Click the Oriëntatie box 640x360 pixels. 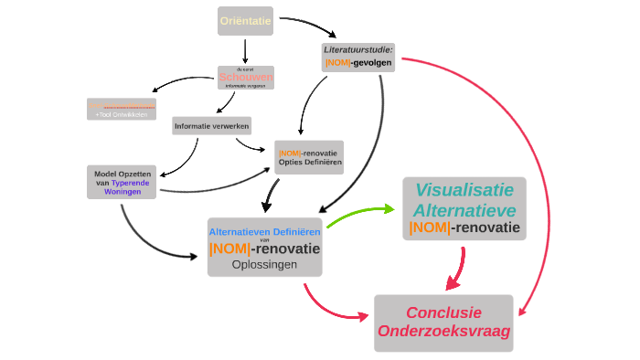(x=245, y=20)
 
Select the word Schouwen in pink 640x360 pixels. (x=245, y=78)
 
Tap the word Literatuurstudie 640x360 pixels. (x=357, y=49)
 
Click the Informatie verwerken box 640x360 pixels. (x=212, y=125)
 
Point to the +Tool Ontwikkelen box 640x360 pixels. (x=121, y=115)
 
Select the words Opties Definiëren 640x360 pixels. (x=310, y=162)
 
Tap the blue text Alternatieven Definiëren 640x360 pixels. (x=264, y=232)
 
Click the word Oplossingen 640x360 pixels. (x=264, y=264)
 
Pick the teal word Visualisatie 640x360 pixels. (x=464, y=190)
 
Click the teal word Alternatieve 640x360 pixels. (x=464, y=210)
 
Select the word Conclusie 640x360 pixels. (x=443, y=312)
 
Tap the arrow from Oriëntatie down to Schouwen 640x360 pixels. (x=245, y=50)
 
